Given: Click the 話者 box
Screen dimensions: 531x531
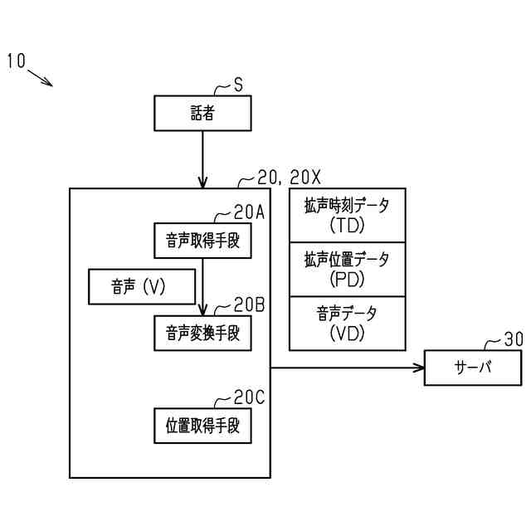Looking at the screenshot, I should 202,114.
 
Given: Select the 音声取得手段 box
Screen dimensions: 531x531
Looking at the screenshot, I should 202,241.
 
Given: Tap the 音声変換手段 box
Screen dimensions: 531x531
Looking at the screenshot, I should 202,333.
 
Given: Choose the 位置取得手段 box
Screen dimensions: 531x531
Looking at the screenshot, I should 202,426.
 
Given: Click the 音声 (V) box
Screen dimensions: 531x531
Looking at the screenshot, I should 139,287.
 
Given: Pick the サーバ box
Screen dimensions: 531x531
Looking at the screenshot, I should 473,367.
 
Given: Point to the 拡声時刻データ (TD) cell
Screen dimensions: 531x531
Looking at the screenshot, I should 347,214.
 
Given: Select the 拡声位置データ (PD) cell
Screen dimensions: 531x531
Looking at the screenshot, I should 347,269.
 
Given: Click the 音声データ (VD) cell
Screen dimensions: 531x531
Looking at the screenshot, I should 347,324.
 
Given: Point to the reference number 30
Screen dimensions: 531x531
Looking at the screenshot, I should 514,339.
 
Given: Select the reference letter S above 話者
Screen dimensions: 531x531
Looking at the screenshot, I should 238,85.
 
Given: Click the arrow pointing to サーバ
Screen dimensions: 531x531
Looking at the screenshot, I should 348,367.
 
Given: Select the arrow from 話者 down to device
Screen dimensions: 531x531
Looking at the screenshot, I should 202,159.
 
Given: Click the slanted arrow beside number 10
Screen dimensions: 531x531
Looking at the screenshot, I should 40,77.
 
